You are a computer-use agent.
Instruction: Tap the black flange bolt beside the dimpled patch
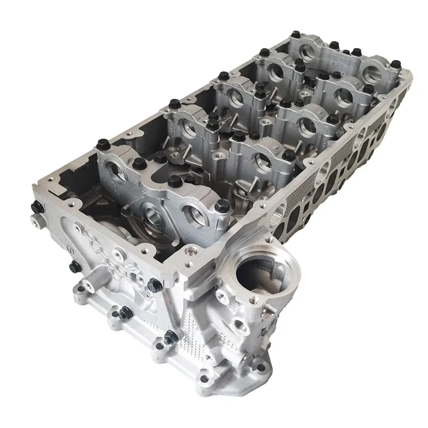(170, 337)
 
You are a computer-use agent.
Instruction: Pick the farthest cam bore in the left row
(308, 52)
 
